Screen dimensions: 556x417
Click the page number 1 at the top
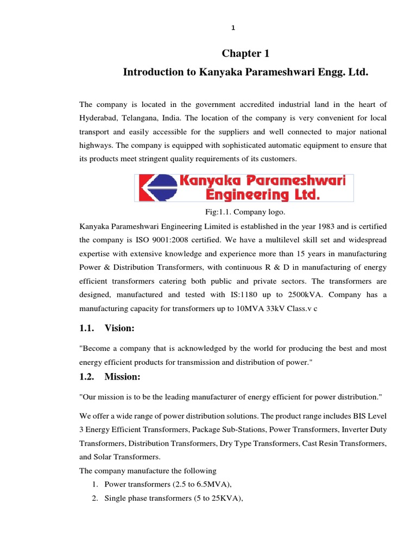pyautogui.click(x=233, y=28)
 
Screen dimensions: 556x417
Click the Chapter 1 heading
pyautogui.click(x=245, y=53)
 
